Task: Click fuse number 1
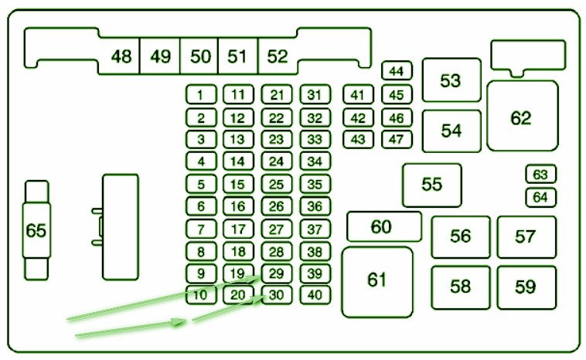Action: tap(201, 94)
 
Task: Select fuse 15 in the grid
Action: tap(238, 184)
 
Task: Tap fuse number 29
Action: tap(277, 273)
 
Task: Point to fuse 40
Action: tap(315, 295)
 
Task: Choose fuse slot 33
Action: tap(315, 139)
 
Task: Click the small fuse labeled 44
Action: tap(397, 70)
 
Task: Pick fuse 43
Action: tap(359, 139)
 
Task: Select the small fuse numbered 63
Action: tap(541, 174)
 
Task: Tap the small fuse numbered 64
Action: tap(541, 197)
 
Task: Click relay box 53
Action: tap(451, 80)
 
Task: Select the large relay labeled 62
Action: tap(523, 116)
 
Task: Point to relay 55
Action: tap(432, 185)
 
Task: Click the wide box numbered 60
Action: tap(384, 226)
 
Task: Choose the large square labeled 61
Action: tap(377, 282)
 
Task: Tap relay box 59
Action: tap(526, 287)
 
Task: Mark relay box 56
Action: tap(461, 237)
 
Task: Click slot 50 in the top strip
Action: tap(199, 56)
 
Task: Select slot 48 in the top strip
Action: tap(120, 56)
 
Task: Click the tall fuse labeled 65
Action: tap(36, 230)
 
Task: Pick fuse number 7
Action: tap(201, 229)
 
